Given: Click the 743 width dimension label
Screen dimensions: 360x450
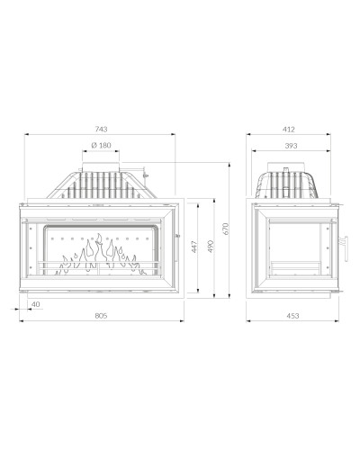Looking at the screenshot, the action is [x=101, y=130].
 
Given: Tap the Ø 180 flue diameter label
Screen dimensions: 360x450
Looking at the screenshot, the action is [x=101, y=145].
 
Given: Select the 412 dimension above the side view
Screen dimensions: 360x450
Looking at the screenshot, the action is [x=289, y=130].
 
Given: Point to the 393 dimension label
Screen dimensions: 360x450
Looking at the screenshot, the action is [x=291, y=146].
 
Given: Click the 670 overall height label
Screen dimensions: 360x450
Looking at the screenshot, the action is [x=226, y=229].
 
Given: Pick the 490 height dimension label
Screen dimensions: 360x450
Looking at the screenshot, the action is [x=211, y=247].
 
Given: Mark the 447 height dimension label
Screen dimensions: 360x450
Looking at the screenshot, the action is [x=194, y=247].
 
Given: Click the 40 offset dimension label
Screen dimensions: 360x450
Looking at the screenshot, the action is [x=35, y=304].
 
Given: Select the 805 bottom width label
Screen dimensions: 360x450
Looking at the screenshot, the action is [x=101, y=316].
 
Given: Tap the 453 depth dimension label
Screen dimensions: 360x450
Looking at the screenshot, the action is [x=292, y=316].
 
